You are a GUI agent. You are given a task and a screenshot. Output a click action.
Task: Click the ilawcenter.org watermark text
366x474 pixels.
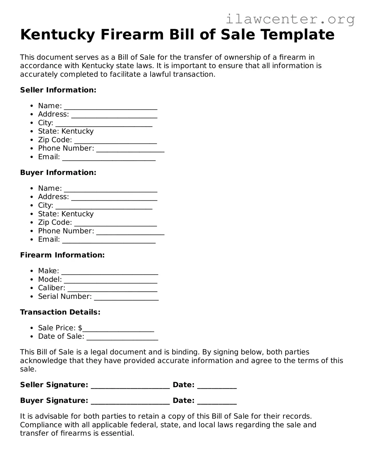point(290,19)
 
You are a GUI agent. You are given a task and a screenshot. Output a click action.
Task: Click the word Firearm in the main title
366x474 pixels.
point(132,35)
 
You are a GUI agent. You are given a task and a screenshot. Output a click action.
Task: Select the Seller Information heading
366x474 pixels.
point(58,90)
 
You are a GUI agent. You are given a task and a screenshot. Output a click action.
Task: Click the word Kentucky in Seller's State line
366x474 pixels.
point(77,131)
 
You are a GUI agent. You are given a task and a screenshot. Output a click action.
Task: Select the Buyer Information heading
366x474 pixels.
point(58,173)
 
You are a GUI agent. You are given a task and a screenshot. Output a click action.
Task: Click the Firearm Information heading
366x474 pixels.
point(62,255)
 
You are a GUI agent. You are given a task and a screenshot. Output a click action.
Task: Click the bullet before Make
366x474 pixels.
point(32,271)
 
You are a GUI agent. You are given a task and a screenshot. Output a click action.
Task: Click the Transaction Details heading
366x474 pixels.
point(60,312)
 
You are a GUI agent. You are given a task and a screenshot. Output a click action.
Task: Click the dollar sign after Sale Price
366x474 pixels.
point(80,328)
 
